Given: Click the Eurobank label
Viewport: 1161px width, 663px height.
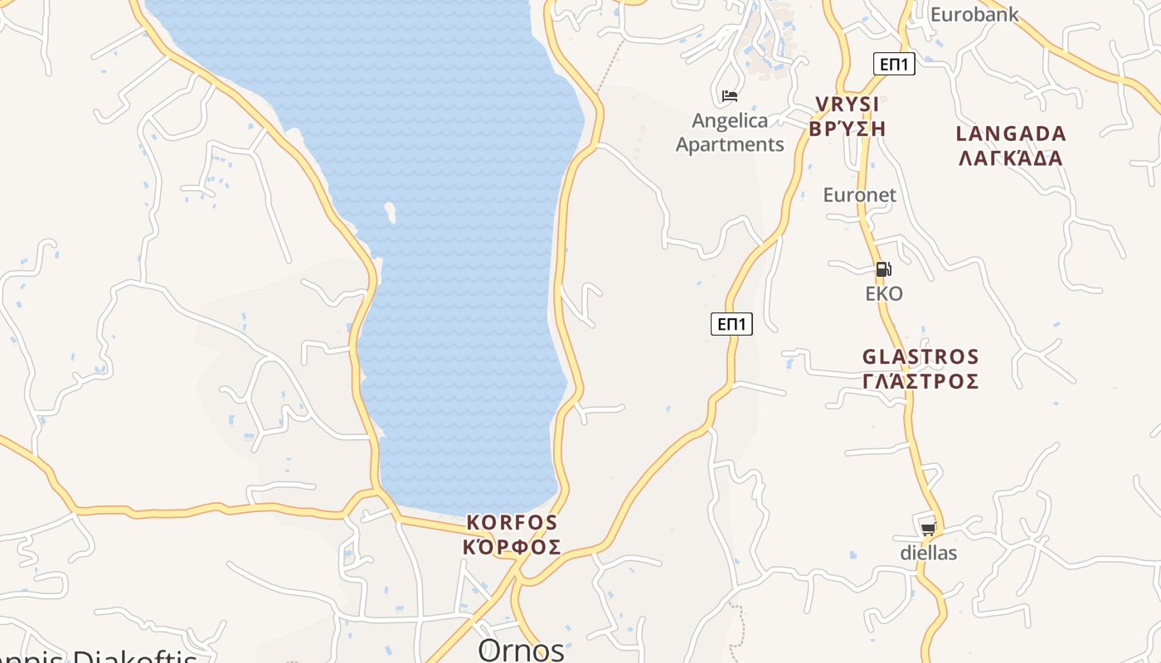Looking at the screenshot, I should tap(974, 14).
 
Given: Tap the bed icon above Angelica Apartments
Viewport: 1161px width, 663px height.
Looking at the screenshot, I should tap(730, 96).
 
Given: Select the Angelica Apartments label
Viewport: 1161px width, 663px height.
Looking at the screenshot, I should tap(730, 133).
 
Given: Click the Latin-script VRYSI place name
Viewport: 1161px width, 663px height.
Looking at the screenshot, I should tap(847, 104).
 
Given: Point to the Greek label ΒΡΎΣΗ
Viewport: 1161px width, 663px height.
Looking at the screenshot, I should tap(848, 128).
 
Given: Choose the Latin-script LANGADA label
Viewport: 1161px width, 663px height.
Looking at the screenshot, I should tap(1011, 133).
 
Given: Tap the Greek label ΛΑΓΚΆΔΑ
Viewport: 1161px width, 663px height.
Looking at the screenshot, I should tap(1011, 157).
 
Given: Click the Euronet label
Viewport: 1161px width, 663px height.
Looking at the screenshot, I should tap(859, 195).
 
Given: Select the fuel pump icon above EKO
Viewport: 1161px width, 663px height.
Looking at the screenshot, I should tap(884, 269).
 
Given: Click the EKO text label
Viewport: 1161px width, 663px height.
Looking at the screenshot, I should tap(884, 294).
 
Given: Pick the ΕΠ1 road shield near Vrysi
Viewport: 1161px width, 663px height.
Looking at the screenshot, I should tap(894, 64).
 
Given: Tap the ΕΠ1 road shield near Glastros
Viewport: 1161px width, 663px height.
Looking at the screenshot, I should tap(731, 324).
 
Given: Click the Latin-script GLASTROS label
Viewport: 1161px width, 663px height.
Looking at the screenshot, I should tap(921, 357).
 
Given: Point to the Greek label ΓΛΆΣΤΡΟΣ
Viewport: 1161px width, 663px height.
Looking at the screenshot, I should tap(921, 381).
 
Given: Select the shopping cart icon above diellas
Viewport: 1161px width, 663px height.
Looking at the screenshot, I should tap(928, 529).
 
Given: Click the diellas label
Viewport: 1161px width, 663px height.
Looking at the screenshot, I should tap(929, 553).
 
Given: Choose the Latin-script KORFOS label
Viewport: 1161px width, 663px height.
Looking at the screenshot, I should tap(512, 523).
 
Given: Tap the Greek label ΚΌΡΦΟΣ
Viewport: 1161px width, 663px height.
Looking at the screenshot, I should tap(512, 547).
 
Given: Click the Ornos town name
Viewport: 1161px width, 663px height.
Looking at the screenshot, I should tap(521, 649).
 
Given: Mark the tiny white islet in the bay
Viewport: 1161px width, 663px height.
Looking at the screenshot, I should tap(390, 213).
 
